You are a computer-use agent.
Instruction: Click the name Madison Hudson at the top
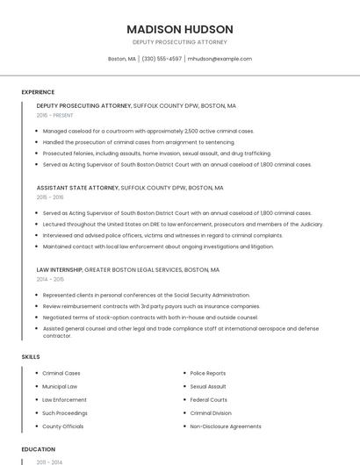(x=180, y=29)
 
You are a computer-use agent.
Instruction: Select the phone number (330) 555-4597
(x=162, y=59)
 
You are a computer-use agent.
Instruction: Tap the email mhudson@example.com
(x=220, y=59)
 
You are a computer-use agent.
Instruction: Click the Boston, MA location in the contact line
(x=122, y=59)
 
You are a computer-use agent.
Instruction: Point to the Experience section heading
(x=38, y=92)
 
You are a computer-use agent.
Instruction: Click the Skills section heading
(x=31, y=357)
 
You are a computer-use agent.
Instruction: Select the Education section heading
(x=39, y=449)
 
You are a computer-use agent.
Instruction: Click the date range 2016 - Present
(x=54, y=115)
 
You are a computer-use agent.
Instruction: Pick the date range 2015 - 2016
(x=50, y=197)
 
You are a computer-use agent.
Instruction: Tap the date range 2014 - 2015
(x=50, y=280)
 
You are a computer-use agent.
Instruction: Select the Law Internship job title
(x=59, y=270)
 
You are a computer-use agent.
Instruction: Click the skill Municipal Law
(x=60, y=386)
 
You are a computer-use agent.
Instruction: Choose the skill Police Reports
(x=208, y=373)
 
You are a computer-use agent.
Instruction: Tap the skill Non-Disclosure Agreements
(x=226, y=426)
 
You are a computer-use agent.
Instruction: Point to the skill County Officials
(x=62, y=426)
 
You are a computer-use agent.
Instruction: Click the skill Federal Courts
(x=209, y=399)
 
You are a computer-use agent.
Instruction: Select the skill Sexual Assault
(x=208, y=386)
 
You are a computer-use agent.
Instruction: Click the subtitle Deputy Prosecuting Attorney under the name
(x=180, y=42)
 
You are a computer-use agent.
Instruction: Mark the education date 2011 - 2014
(x=49, y=461)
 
